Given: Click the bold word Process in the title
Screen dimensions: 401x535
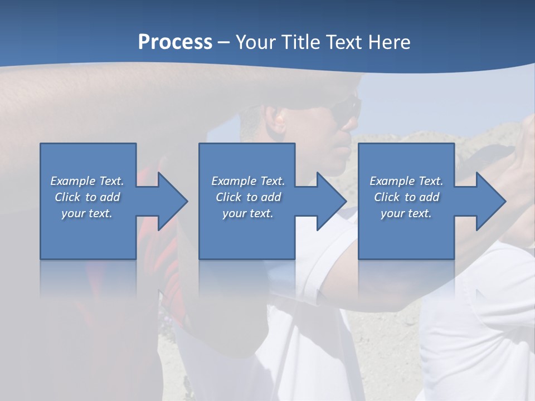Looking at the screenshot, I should coord(175,42).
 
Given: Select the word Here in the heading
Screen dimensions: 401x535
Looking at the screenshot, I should coord(390,42).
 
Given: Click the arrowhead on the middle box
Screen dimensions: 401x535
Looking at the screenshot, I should coord(330,201).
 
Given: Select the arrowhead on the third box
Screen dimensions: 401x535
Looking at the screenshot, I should coord(490,201).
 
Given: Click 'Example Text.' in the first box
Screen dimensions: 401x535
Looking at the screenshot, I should coord(87,180).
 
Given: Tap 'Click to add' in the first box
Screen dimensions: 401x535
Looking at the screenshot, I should coord(87,197).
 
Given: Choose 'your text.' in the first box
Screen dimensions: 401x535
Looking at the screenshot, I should coord(87,213).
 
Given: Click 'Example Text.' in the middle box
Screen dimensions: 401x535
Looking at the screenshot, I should coord(248,180).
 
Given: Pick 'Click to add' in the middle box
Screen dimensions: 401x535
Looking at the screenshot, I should coord(248,197).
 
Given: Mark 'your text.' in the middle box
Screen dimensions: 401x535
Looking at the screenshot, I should coord(248,213).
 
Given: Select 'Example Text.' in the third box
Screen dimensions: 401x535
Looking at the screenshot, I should coord(406,180).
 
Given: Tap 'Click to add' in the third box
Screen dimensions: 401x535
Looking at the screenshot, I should coord(406,197).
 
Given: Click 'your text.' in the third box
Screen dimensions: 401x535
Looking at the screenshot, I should coord(406,213).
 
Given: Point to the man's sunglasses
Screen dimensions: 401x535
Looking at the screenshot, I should coord(345,111).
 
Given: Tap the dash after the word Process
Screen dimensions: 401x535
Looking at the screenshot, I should coord(224,43).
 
